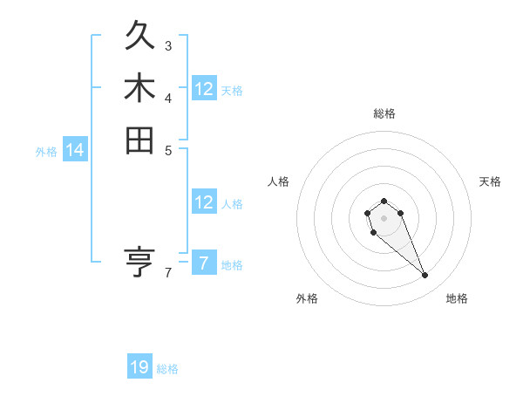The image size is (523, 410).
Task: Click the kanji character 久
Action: pyautogui.click(x=139, y=38)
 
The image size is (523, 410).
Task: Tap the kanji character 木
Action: pyautogui.click(x=139, y=88)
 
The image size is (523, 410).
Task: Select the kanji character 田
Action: pyautogui.click(x=139, y=140)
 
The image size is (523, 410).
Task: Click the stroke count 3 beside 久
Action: pyautogui.click(x=168, y=45)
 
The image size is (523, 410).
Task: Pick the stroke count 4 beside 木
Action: pyautogui.click(x=168, y=97)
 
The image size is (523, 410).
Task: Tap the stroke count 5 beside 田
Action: pyautogui.click(x=168, y=148)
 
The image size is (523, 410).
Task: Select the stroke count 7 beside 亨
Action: pyautogui.click(x=168, y=272)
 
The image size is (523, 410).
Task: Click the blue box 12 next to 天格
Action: pyautogui.click(x=204, y=89)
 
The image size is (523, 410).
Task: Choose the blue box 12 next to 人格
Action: pyautogui.click(x=204, y=202)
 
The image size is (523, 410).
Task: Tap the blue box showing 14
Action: pyautogui.click(x=75, y=151)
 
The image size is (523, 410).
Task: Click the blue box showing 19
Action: pyautogui.click(x=139, y=367)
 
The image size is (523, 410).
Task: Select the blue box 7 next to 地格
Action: pyautogui.click(x=204, y=263)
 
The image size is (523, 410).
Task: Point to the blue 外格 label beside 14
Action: pyautogui.click(x=46, y=152)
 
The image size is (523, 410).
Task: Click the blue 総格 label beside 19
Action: pyautogui.click(x=167, y=369)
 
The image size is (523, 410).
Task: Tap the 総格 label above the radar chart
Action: pyautogui.click(x=384, y=113)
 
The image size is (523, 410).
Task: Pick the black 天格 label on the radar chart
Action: pyautogui.click(x=490, y=181)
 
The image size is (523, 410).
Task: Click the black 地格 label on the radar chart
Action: pyautogui.click(x=457, y=298)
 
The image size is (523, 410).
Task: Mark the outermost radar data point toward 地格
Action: pyautogui.click(x=425, y=276)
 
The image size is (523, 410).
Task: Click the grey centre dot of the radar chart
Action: pyautogui.click(x=384, y=217)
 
